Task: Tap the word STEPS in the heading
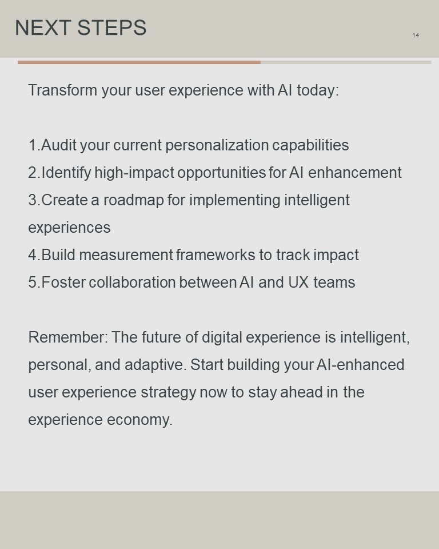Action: click(x=111, y=27)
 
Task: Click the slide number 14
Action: click(x=416, y=35)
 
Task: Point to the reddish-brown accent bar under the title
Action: click(x=139, y=62)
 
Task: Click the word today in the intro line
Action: click(x=316, y=90)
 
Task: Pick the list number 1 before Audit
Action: click(x=32, y=145)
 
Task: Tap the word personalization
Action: click(x=217, y=145)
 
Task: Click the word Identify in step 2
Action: click(x=66, y=173)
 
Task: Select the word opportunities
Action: click(x=221, y=173)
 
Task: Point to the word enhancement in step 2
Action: click(x=354, y=173)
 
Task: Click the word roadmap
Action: click(x=133, y=200)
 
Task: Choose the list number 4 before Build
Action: click(x=33, y=255)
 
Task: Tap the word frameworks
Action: click(x=215, y=255)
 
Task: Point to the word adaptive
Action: click(x=153, y=365)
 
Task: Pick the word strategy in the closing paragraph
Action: click(x=168, y=392)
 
